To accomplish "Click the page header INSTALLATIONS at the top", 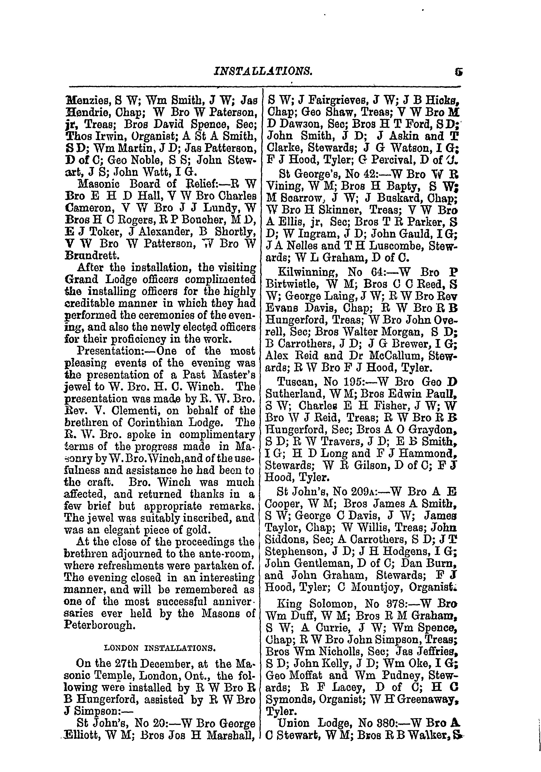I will click(x=263, y=71).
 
